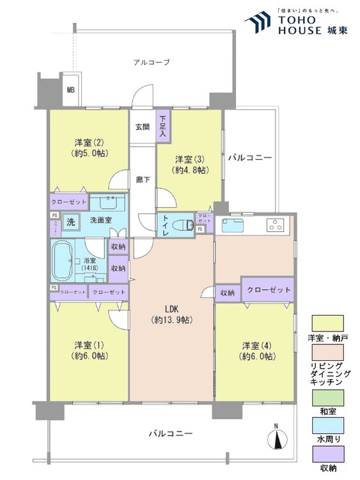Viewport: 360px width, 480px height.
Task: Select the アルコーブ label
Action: coord(152,62)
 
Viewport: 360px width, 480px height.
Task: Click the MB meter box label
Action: coord(70,90)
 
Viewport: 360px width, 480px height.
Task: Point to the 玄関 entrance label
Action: coord(142,127)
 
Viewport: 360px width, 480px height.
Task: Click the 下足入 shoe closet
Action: coord(163,127)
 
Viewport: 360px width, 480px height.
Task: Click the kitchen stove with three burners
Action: coord(277,225)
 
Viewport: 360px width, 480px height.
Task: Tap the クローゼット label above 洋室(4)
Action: coord(269,289)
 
